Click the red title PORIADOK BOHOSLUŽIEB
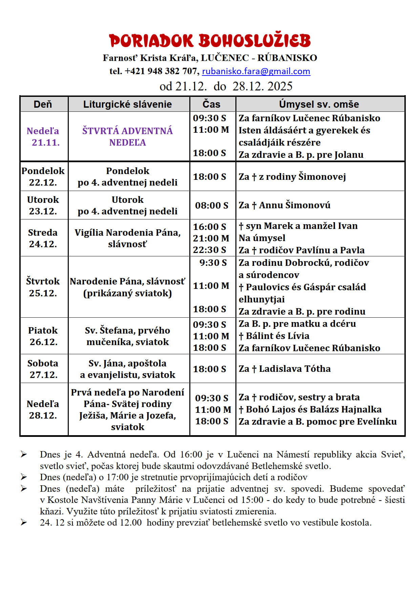[210, 41]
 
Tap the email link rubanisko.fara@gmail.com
[256, 71]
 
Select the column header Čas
[211, 104]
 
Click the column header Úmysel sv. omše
[319, 104]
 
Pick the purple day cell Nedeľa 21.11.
[43, 136]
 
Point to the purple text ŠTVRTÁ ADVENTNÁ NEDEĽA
[127, 136]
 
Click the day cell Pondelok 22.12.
[43, 176]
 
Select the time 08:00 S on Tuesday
[211, 205]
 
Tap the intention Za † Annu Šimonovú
[285, 205]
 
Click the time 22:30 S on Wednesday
[209, 250]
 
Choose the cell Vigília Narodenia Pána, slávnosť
[127, 238]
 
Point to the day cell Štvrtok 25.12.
[43, 287]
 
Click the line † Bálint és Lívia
[274, 336]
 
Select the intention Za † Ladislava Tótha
[285, 369]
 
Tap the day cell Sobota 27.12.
[43, 369]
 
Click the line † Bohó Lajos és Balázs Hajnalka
[310, 409]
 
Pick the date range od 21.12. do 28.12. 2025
[226, 86]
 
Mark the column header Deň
[43, 104]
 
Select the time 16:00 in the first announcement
[191, 454]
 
